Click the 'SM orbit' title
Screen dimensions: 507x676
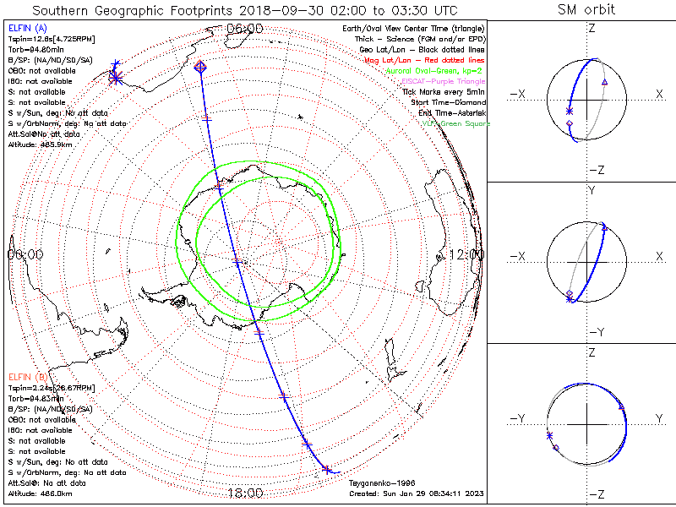(586, 10)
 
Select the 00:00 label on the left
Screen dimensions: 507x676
(25, 254)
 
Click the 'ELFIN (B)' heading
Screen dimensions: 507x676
(28, 376)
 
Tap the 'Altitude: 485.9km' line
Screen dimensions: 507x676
(40, 144)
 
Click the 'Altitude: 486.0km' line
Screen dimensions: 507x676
(40, 492)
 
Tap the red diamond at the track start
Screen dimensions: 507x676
(200, 66)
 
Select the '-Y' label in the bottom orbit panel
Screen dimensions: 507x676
(519, 418)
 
